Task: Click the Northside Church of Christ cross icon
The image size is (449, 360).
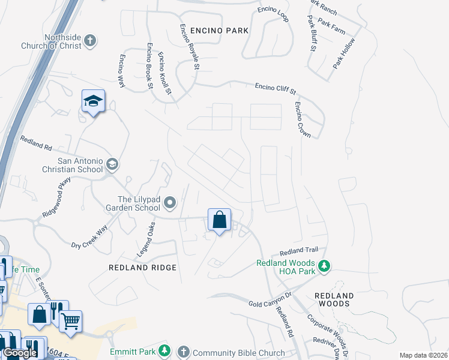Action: click(x=90, y=41)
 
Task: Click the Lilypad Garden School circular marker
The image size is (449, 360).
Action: click(x=170, y=203)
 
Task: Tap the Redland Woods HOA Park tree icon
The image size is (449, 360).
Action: click(x=324, y=265)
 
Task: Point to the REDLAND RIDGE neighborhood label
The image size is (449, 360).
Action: click(x=142, y=268)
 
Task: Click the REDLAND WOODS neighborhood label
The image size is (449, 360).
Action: click(x=334, y=299)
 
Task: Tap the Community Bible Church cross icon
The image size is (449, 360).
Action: click(x=184, y=351)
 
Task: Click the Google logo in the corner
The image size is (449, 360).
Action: click(x=20, y=353)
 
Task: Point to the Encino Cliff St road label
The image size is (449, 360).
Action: click(x=276, y=88)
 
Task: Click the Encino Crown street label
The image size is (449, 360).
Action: click(x=303, y=119)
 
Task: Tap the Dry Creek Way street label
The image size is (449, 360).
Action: click(x=89, y=237)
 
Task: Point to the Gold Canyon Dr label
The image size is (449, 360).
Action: click(x=270, y=299)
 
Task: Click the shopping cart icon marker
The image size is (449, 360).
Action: click(x=71, y=322)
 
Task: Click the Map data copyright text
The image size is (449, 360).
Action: click(x=423, y=355)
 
